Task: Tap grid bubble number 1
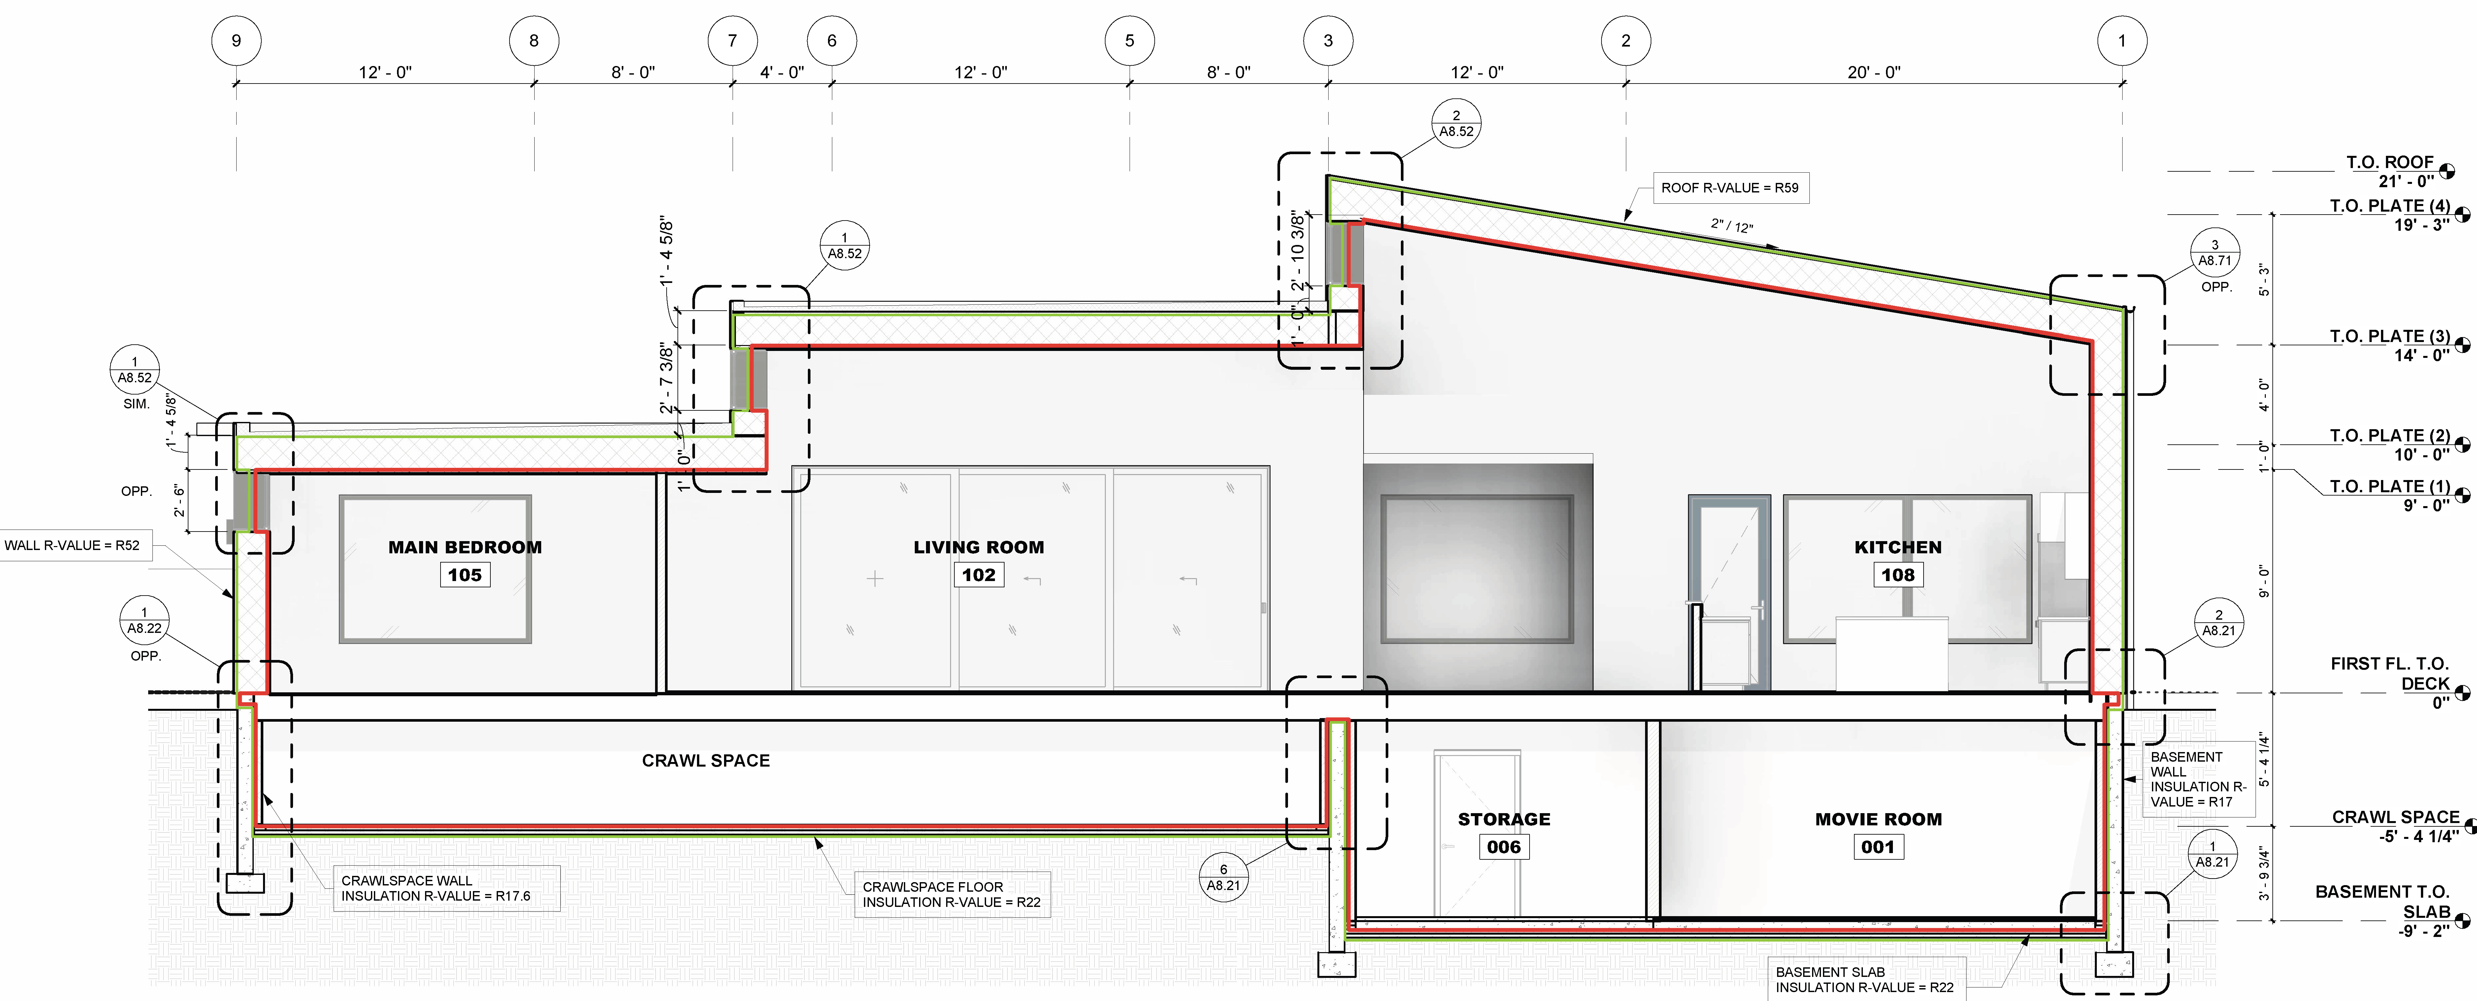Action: [2122, 40]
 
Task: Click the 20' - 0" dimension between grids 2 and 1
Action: [1873, 72]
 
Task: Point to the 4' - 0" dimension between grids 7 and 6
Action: [782, 72]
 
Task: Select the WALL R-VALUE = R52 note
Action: [72, 545]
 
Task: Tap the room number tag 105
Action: [464, 575]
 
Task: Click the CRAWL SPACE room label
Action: [706, 761]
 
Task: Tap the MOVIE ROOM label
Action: [1878, 819]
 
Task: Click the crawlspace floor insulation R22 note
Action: [951, 894]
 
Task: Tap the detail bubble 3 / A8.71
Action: [2215, 253]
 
